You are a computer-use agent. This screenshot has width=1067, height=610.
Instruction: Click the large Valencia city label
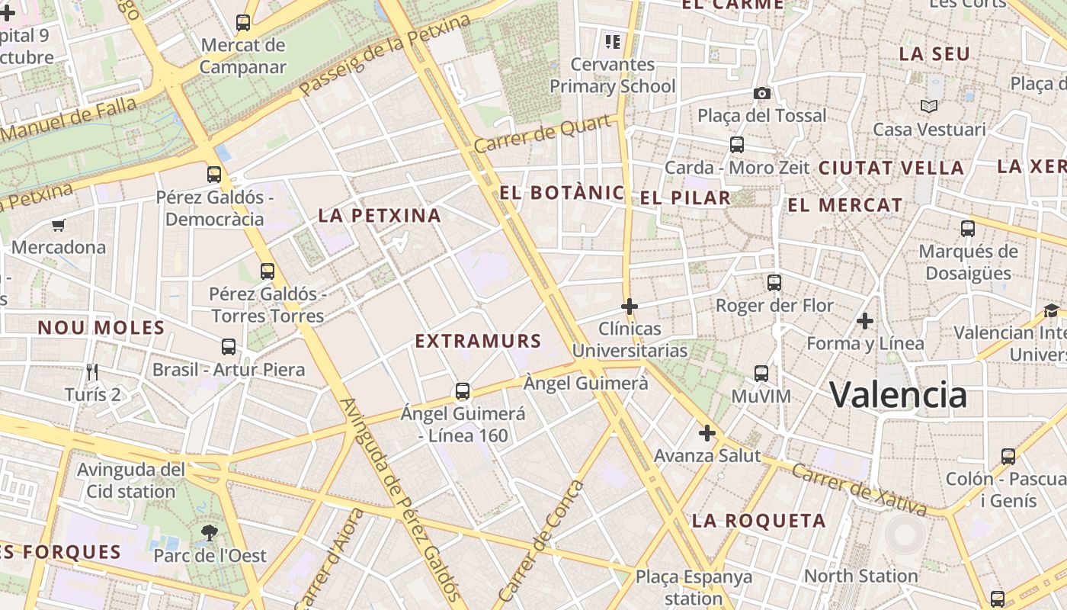[x=898, y=394]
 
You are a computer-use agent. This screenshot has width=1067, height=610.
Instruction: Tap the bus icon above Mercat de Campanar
[x=243, y=23]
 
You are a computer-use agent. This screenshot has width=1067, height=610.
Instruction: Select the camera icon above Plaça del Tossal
[x=761, y=93]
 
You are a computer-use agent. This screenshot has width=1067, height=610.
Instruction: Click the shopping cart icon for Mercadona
[x=58, y=225]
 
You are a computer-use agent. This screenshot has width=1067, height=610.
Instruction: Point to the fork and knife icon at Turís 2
[x=92, y=371]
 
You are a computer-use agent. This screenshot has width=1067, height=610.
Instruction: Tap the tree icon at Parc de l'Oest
[x=210, y=532]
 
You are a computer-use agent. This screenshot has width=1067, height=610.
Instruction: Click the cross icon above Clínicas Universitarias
[x=630, y=307]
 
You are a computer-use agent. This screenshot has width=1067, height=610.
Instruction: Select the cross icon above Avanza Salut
[x=707, y=433]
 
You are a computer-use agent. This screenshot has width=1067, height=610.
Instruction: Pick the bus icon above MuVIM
[x=761, y=373]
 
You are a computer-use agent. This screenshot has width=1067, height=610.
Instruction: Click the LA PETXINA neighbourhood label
[x=380, y=216]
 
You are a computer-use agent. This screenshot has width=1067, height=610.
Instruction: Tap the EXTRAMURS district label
[x=478, y=341]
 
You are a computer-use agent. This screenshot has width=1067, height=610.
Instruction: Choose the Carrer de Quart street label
[x=545, y=134]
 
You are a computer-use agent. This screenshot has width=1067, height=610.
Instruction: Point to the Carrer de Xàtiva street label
[x=859, y=489]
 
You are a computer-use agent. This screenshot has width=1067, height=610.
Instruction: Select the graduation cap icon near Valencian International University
[x=1052, y=310]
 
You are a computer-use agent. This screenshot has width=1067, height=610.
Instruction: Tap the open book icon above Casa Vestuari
[x=928, y=106]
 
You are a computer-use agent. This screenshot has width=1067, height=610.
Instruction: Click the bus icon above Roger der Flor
[x=774, y=283]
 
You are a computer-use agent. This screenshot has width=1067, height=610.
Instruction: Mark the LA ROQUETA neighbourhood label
[x=758, y=522]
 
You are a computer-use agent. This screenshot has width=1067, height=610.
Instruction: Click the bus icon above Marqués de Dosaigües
[x=968, y=228]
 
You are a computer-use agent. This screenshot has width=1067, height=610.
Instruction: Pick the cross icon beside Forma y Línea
[x=864, y=321]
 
